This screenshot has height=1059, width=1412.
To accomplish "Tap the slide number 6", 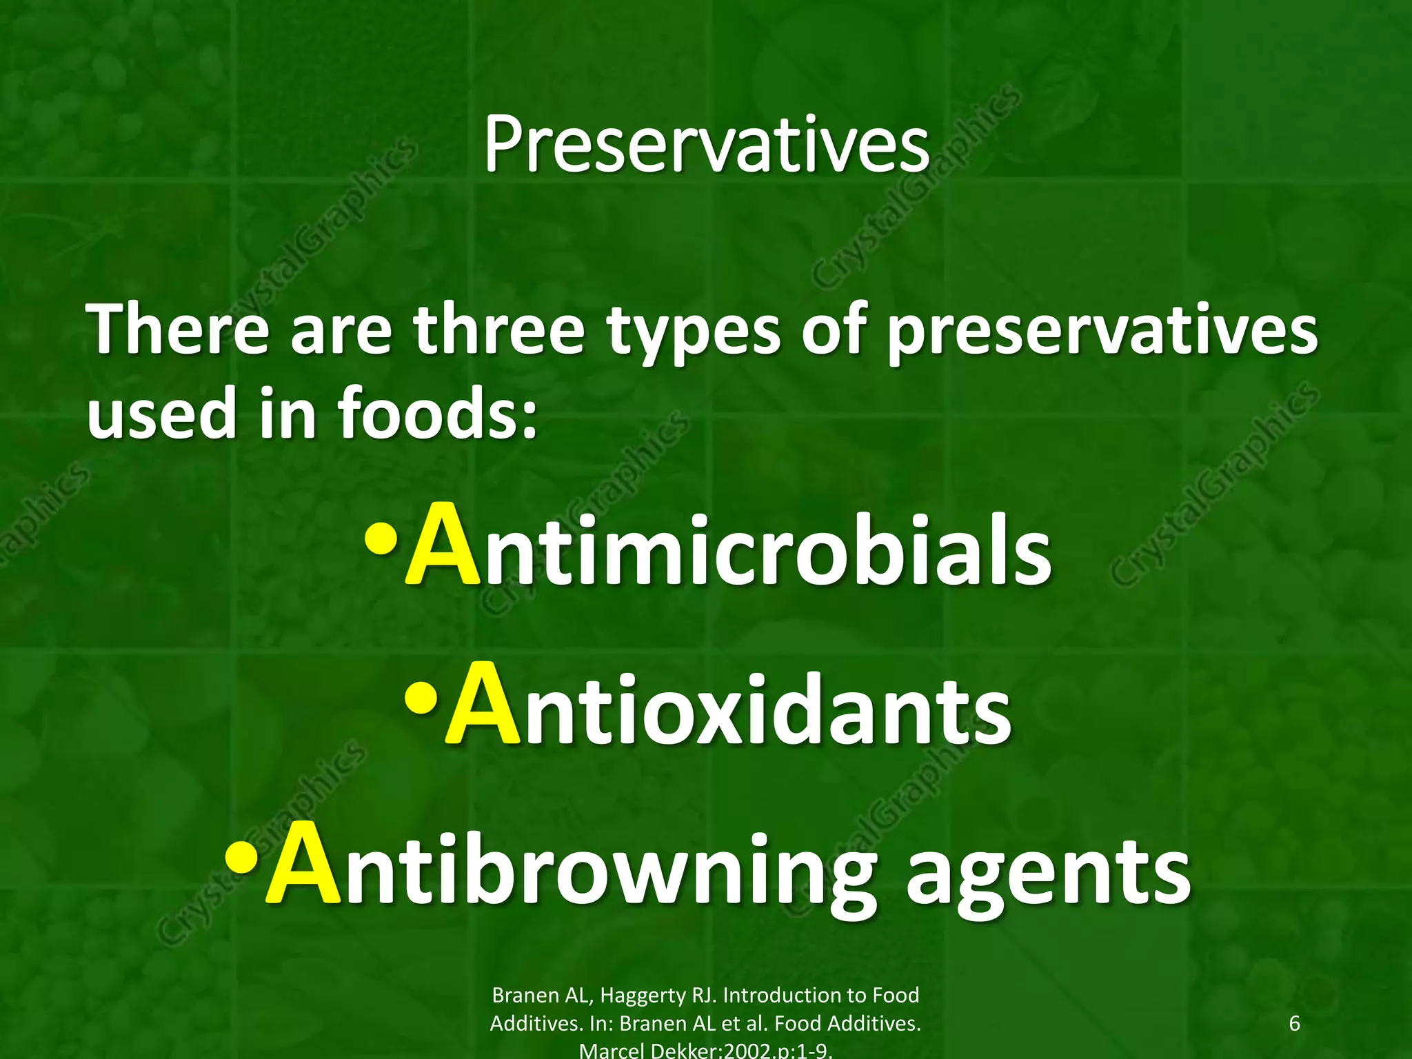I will coord(1294,1023).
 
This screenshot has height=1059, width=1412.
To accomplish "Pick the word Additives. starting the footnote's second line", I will coord(536,1023).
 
